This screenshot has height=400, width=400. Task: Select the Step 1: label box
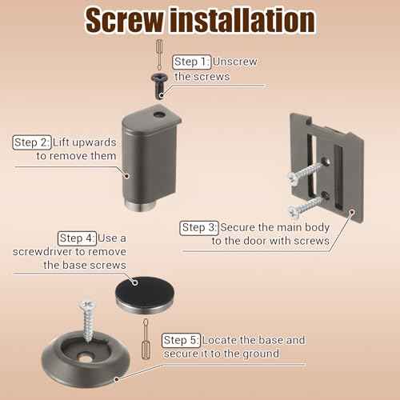[192, 62]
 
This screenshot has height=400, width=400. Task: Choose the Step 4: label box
[78, 238]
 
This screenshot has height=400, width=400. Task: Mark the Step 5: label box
[181, 340]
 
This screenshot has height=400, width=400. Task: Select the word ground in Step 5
[259, 353]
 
